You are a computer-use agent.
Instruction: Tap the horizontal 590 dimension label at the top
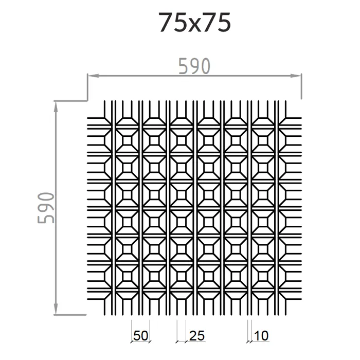point(194,66)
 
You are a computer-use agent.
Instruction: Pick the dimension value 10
point(261,336)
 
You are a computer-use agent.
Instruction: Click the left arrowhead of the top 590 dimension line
point(91,76)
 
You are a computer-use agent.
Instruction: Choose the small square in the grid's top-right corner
point(263,140)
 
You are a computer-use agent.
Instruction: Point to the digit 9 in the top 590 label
point(194,66)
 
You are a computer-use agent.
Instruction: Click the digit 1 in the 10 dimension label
point(257,336)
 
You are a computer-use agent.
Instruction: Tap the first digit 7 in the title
point(166,23)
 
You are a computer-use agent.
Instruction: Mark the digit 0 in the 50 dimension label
point(145,336)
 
